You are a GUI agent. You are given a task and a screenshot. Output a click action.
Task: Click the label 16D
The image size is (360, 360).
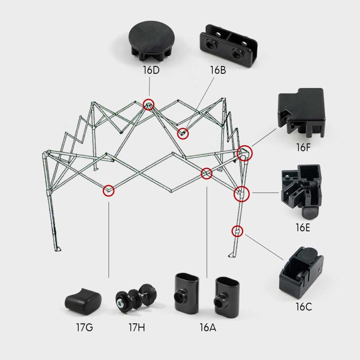tap(151, 70)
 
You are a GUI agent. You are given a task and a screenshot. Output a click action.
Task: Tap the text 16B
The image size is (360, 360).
tap(218, 70)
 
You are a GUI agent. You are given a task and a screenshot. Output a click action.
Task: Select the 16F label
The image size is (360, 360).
tap(303, 147)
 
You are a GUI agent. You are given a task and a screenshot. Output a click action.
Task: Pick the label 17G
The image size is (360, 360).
tap(84, 328)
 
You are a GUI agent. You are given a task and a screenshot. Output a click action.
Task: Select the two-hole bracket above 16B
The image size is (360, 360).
tap(229, 46)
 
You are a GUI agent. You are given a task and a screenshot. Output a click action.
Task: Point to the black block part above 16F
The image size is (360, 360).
tap(302, 112)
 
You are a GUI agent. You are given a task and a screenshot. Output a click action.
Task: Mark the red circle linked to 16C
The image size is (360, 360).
tap(238, 231)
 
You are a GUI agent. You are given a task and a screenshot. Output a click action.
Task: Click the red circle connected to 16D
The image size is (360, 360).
tap(149, 104)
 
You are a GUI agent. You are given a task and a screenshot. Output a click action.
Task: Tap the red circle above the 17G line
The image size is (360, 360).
tap(109, 191)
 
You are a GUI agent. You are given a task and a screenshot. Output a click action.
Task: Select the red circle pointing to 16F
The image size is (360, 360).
tap(244, 153)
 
